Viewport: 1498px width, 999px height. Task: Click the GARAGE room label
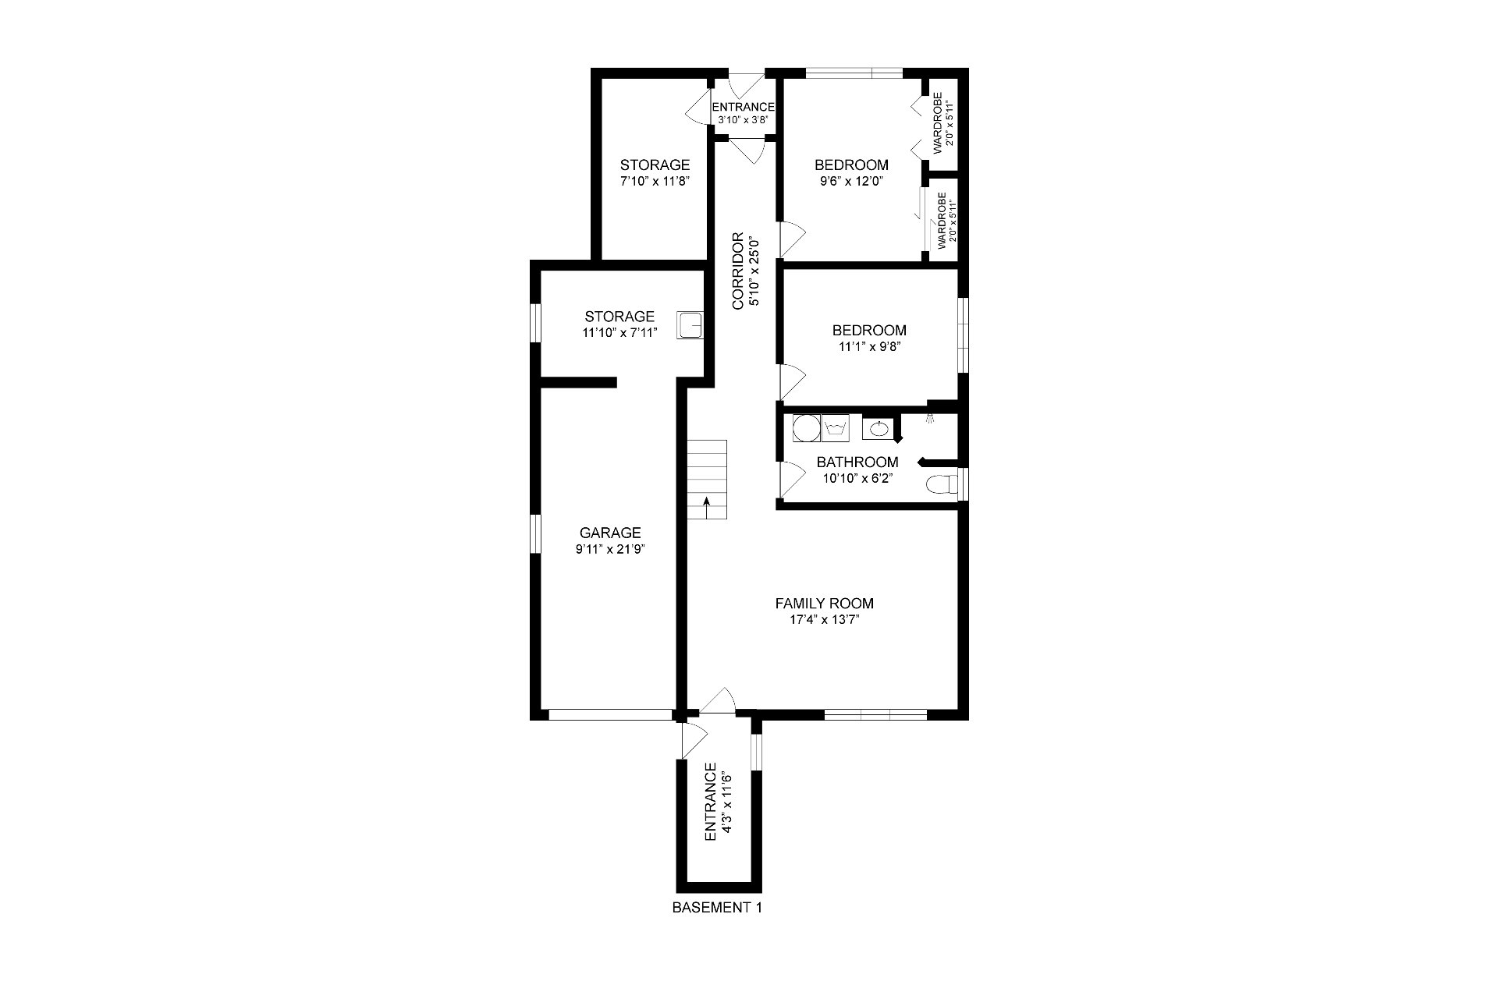610,533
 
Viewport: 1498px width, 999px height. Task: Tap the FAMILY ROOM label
824,603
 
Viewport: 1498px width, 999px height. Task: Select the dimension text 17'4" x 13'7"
824,621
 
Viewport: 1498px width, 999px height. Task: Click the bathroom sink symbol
878,428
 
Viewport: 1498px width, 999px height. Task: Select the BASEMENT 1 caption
716,908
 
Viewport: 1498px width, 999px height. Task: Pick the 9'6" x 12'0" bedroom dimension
851,182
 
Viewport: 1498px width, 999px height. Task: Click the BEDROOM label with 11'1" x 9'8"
868,330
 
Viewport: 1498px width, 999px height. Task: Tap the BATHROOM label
857,462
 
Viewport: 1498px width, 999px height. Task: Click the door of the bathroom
791,477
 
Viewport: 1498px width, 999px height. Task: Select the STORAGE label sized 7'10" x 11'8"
655,165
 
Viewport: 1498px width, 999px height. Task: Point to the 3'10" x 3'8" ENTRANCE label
743,108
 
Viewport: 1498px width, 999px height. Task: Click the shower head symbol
930,418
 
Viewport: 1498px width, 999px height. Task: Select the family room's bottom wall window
875,714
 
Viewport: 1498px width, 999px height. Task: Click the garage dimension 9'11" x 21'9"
610,550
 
